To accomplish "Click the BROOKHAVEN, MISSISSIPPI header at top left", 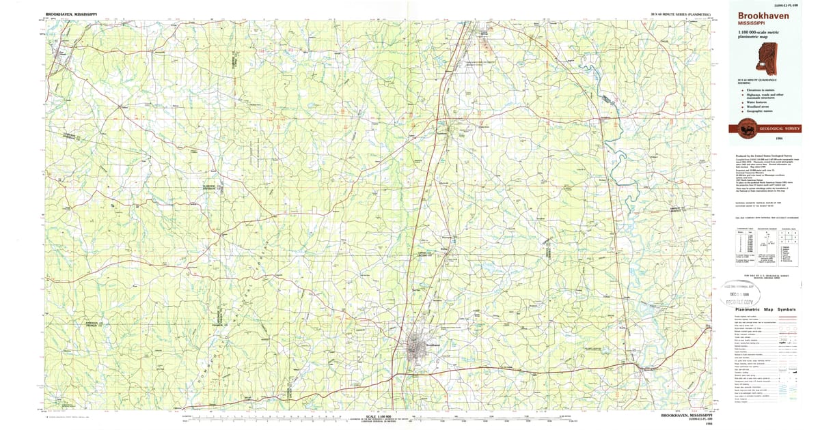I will pyautogui.click(x=71, y=14).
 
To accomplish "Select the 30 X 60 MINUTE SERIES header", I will pyautogui.click(x=681, y=14).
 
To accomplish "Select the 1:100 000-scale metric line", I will pyautogui.click(x=758, y=33).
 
